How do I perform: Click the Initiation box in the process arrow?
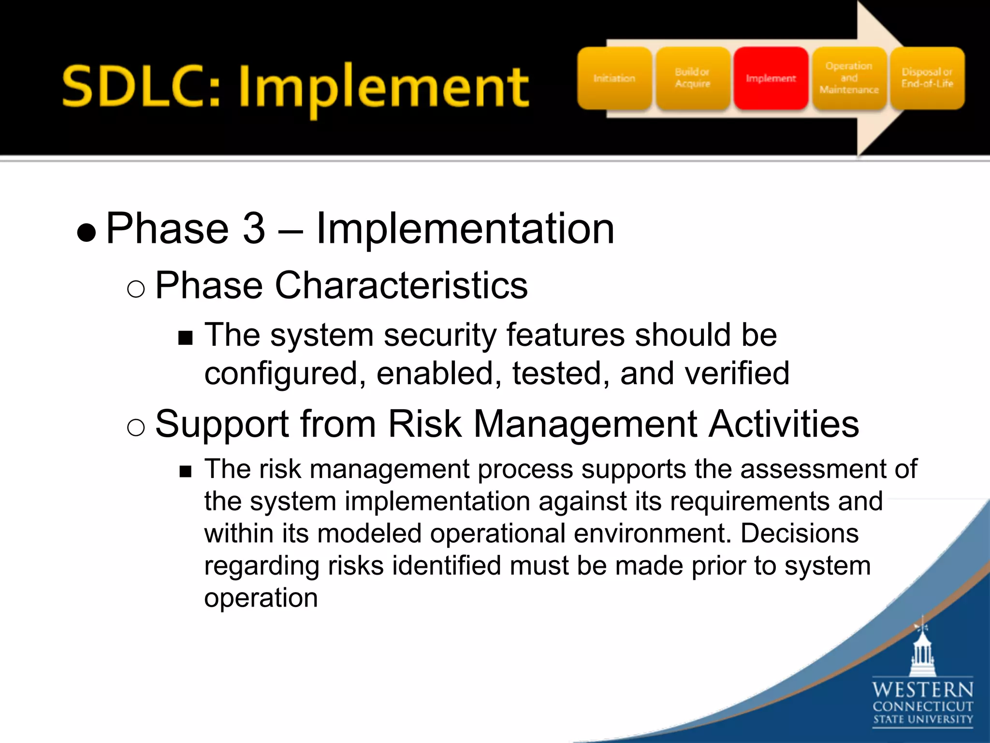(614, 78)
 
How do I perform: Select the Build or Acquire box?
(693, 78)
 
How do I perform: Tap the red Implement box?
(771, 78)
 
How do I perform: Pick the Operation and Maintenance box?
(849, 78)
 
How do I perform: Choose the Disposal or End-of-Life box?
(927, 78)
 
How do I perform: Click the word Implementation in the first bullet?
(465, 228)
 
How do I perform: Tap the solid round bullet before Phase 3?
(87, 233)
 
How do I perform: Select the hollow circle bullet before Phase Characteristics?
(136, 289)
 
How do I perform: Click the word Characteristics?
(401, 285)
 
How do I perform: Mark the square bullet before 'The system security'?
(185, 338)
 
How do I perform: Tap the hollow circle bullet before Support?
(136, 428)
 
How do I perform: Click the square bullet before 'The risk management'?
(185, 472)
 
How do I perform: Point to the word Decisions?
(800, 534)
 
